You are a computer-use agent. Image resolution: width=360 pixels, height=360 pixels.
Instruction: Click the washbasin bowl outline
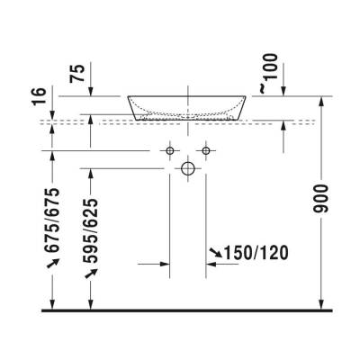tap(188, 107)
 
